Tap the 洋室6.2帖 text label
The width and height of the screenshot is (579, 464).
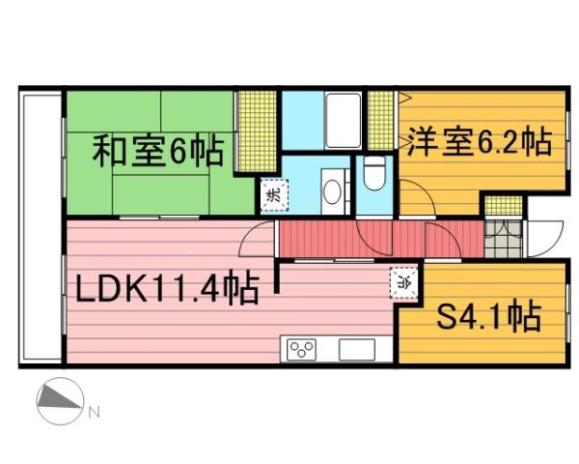tap(479, 142)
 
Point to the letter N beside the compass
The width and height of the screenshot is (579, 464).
tap(95, 413)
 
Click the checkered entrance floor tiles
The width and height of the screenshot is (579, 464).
tap(499, 238)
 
